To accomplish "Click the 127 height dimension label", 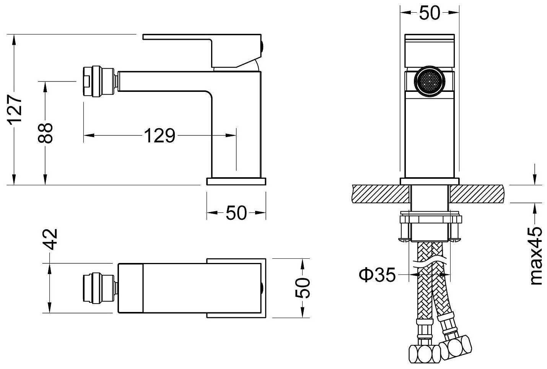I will coord(15,110).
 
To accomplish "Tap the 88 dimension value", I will coord(46,133).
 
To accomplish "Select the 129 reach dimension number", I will coord(160,135).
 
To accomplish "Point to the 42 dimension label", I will coord(50,239).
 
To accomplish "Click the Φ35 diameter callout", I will coord(377,274).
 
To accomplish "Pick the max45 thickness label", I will coord(537,255).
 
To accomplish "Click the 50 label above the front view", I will coord(429,13).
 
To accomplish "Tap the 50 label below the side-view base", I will coord(236,213).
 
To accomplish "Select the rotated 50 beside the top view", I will coord(302,288).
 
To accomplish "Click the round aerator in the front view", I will coord(429,81).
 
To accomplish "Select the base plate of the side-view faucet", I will coord(236,181).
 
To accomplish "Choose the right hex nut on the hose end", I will coord(455,347).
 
